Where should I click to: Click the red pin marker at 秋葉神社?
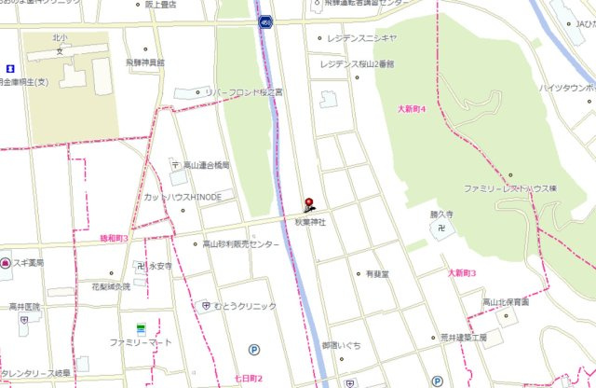point(310,202)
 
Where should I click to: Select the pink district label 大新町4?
point(411,110)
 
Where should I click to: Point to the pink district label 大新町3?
point(460,273)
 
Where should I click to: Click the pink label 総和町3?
point(114,240)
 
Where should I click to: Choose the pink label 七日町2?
point(249,378)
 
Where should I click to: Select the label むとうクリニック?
point(245,306)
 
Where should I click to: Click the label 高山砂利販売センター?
point(241,244)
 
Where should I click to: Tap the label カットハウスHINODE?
point(183,198)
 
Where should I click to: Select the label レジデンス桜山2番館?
point(358,64)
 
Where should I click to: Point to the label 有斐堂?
point(377,274)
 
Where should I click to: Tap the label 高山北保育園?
point(506,302)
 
